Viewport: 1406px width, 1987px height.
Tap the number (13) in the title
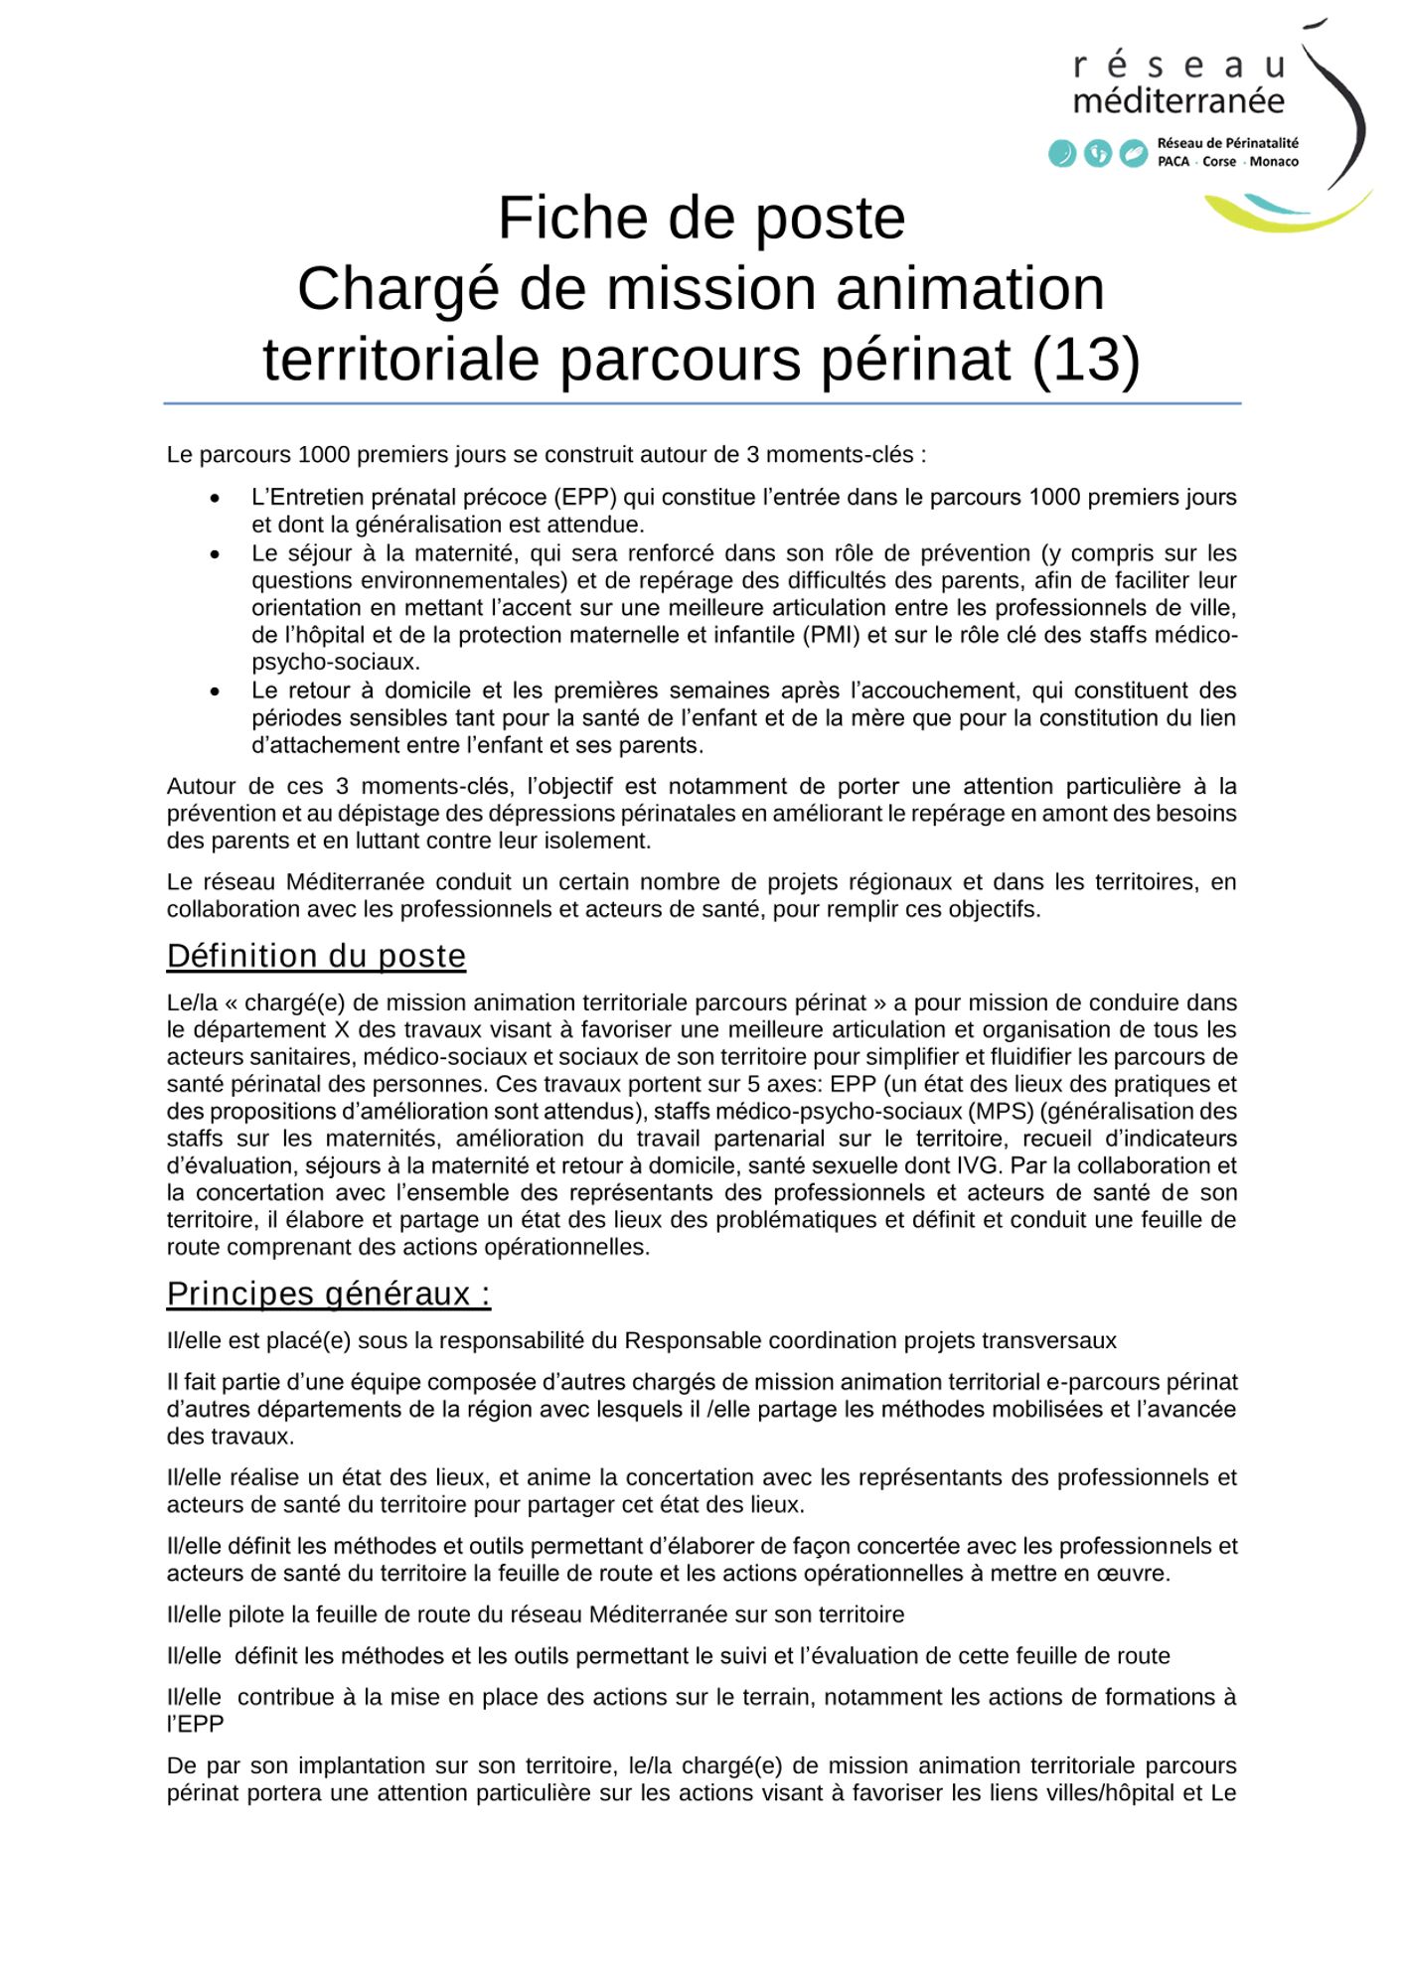[1085, 359]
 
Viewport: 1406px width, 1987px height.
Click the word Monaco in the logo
[1274, 162]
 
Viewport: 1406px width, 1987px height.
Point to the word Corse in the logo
[1219, 162]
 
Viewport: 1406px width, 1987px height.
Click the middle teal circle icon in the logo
[1097, 154]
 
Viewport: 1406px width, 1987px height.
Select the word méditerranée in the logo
[1178, 101]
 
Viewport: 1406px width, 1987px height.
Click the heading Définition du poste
[316, 956]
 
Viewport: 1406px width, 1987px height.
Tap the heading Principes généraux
[328, 1295]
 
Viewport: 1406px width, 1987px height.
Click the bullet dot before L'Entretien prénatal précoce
[215, 498]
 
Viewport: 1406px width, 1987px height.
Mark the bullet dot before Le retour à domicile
[215, 691]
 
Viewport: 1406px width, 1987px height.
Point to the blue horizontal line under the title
[703, 403]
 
